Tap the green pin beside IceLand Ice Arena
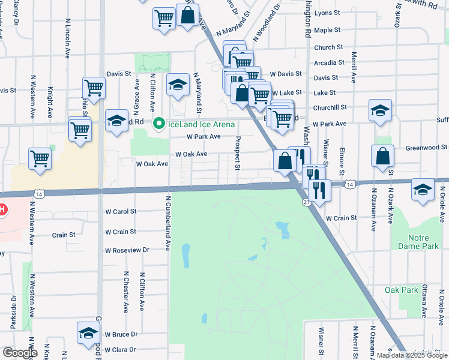coord(159,124)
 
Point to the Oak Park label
coord(401,290)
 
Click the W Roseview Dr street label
coord(127,250)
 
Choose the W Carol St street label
coord(121,212)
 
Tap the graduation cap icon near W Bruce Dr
coord(88,332)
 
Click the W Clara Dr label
coord(121,350)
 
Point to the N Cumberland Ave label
coord(169,223)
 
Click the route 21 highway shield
coord(307,203)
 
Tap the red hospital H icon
coord(2,209)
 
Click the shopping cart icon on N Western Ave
coord(40,159)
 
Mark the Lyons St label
coord(327,12)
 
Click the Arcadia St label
coord(329,62)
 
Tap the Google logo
coord(19,353)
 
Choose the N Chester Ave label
coord(126,291)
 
